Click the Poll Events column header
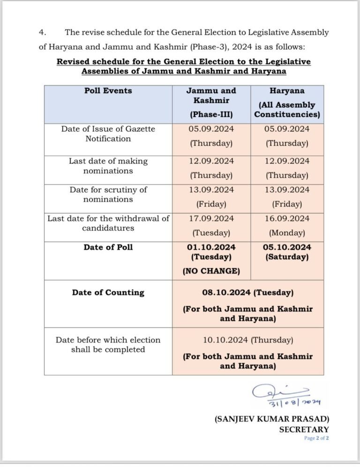(108, 90)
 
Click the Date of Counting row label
(108, 293)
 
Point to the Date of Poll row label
(108, 247)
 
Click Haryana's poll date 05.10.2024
(287, 247)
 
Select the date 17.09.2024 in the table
(211, 218)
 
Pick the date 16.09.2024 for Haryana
(287, 218)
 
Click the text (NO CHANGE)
(211, 271)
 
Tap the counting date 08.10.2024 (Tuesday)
(247, 293)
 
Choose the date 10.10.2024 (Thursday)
(247, 340)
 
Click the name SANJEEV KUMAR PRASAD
(272, 419)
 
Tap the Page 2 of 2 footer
(316, 438)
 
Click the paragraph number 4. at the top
(42, 32)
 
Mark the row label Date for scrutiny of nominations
(108, 195)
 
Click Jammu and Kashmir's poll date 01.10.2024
(211, 247)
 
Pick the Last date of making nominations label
(108, 166)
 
